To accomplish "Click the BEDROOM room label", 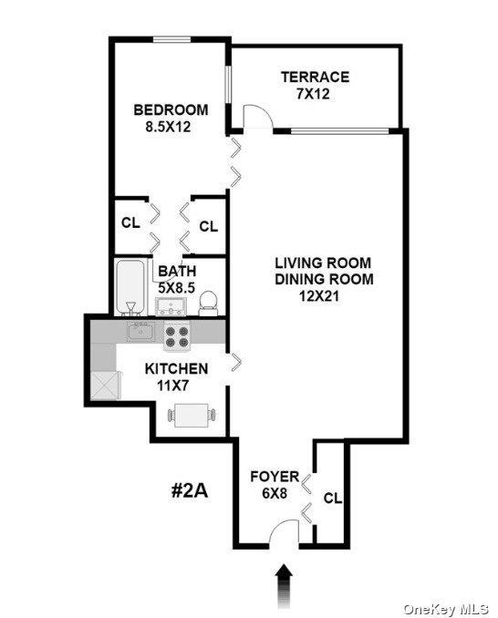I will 170,110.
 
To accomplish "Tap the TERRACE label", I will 315,77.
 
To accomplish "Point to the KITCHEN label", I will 178,369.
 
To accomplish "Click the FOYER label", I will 275,477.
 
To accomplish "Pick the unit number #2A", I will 191,490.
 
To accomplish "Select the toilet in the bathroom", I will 209,302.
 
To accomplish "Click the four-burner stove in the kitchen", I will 179,336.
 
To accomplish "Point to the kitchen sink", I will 140,330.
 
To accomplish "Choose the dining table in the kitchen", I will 193,416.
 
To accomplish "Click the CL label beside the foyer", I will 332,499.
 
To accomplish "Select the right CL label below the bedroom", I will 208,225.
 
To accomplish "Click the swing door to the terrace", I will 257,117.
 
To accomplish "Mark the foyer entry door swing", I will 285,532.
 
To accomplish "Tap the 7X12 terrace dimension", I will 314,94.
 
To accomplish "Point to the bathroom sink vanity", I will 171,305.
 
